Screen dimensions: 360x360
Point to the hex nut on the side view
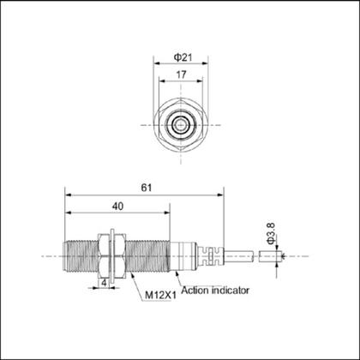(109, 255)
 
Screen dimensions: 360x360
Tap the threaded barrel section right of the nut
(146, 255)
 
